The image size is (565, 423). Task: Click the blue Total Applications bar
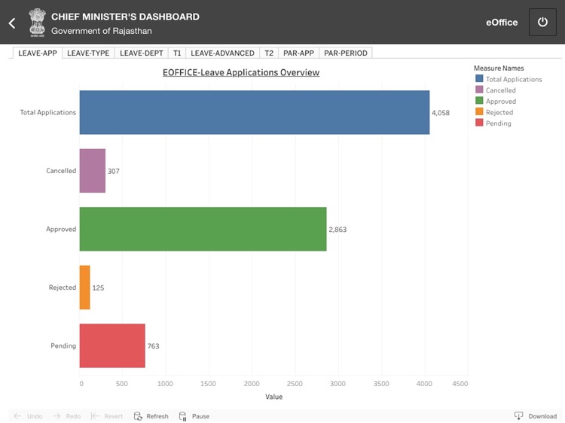[x=254, y=113]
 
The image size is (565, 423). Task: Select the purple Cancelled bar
[x=92, y=171]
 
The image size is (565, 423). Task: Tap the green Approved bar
[x=203, y=229]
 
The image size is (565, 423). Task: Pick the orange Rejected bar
[x=84, y=287]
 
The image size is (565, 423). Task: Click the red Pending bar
[x=111, y=345]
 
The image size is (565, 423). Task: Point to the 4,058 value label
[x=441, y=113]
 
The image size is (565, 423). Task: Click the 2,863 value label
[x=337, y=229]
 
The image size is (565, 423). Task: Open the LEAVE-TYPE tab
[x=88, y=53]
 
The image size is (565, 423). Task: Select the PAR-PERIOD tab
[x=345, y=53]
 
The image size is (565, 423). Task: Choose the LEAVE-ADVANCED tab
[x=222, y=53]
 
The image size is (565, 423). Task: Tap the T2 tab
[x=269, y=53]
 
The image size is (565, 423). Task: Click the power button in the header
[x=542, y=22]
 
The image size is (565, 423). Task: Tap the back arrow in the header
[x=12, y=23]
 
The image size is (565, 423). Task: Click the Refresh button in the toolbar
[x=151, y=416]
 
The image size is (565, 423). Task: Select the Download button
[x=536, y=416]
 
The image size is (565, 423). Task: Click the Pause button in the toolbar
[x=194, y=416]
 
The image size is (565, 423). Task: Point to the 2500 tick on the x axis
[x=295, y=383]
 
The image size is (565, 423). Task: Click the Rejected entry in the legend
[x=498, y=112]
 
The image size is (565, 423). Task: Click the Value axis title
[x=274, y=397]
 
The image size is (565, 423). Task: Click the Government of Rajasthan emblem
[x=36, y=23]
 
